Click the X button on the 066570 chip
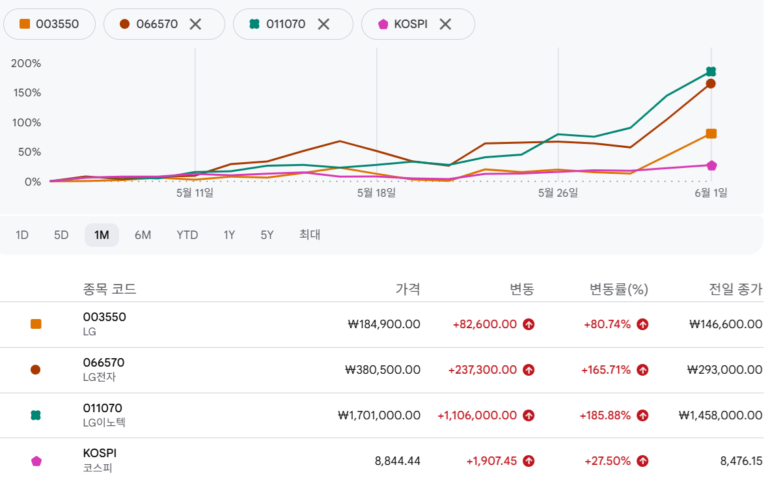click(195, 24)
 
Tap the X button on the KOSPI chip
click(445, 24)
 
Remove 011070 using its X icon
click(324, 24)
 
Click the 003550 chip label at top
click(57, 24)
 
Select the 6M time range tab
click(143, 235)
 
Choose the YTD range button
click(187, 235)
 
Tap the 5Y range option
click(267, 235)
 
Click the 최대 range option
click(310, 234)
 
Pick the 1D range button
click(21, 235)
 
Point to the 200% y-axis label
click(26, 64)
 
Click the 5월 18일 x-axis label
click(377, 193)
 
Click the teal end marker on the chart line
click(711, 72)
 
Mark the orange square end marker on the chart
click(711, 133)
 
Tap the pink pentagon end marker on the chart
click(711, 165)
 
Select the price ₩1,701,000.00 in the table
click(379, 415)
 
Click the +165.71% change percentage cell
click(606, 370)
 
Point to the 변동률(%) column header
click(619, 289)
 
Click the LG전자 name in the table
click(100, 377)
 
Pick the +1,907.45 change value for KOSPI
click(491, 461)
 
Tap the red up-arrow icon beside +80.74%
click(642, 324)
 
